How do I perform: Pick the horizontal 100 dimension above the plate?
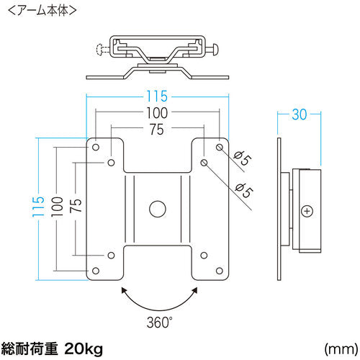157,112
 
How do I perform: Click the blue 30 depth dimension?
299,114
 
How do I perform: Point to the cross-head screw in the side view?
307,212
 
